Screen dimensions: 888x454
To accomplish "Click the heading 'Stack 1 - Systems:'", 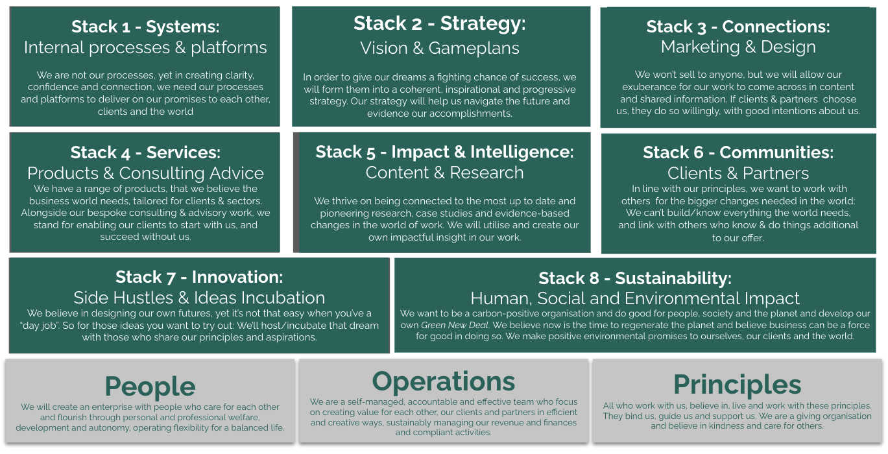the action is [145, 27].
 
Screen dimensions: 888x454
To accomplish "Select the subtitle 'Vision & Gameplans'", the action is [440, 48].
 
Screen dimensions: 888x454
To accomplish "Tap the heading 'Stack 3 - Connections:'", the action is [738, 27].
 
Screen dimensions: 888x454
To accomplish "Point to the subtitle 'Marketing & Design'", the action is [738, 47].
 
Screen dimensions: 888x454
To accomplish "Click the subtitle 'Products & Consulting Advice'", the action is [145, 173].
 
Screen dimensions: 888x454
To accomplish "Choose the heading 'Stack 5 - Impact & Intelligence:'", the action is [444, 152].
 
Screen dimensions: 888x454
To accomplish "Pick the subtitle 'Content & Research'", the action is [444, 173].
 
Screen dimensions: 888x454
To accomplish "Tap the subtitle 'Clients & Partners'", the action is [738, 173].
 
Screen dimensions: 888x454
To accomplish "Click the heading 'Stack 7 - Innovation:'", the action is [199, 277].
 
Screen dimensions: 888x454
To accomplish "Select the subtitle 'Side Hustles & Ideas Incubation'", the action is [199, 298].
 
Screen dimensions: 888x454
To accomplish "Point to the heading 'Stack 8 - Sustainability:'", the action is [635, 278].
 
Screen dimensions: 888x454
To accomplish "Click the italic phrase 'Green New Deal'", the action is [455, 325].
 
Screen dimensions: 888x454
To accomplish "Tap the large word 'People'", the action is [150, 386].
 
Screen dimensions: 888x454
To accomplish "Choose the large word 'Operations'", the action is [444, 381].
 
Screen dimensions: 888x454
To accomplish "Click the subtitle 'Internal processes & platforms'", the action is [145, 47].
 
